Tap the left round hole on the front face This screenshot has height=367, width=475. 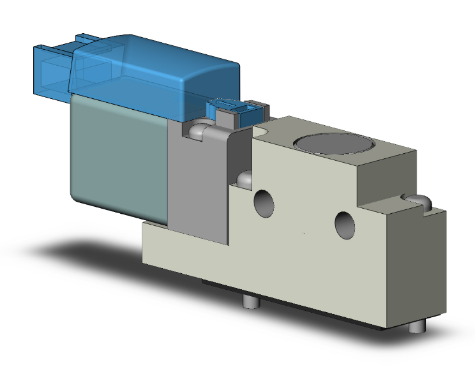[263, 202]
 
